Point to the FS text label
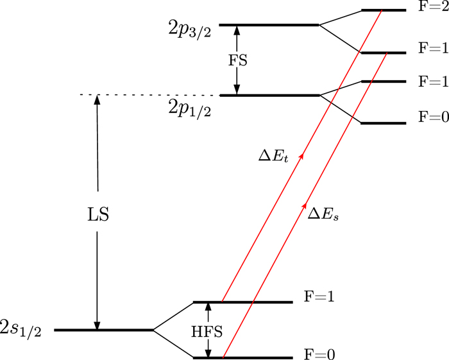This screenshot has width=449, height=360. (x=237, y=60)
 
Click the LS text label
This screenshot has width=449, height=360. (x=97, y=214)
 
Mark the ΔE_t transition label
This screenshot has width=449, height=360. (x=269, y=156)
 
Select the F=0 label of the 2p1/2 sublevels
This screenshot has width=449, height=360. (x=433, y=119)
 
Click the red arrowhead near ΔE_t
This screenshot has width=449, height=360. (x=302, y=155)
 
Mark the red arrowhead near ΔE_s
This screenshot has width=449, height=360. (x=304, y=207)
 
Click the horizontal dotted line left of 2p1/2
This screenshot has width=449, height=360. (x=148, y=96)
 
